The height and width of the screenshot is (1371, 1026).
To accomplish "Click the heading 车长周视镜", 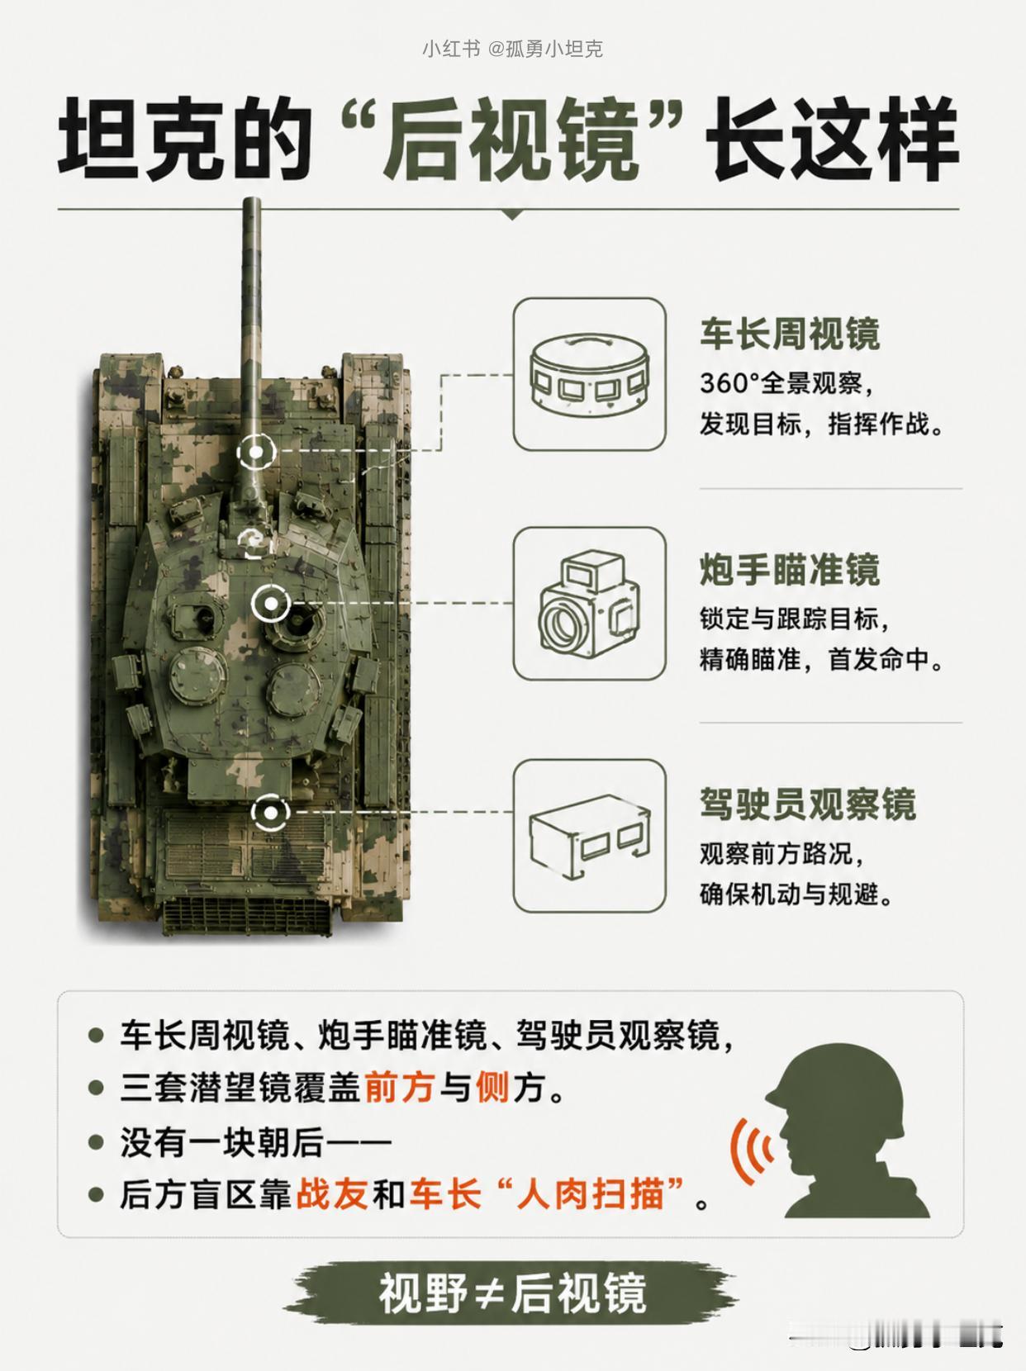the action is pyautogui.click(x=790, y=334).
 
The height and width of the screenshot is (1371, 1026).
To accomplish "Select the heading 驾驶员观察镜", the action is pyautogui.click(x=807, y=804).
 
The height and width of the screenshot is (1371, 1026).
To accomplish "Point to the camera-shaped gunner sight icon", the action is pyautogui.click(x=590, y=604).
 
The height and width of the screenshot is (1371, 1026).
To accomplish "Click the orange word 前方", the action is pyautogui.click(x=398, y=1088).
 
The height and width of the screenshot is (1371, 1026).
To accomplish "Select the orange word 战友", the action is pyautogui.click(x=331, y=1193).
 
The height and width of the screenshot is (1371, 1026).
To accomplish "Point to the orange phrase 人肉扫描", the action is pyautogui.click(x=590, y=1193).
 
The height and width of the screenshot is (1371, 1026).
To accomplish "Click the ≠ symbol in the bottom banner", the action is pyautogui.click(x=489, y=1292).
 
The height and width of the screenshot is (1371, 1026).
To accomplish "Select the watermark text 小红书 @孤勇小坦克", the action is pyautogui.click(x=512, y=49).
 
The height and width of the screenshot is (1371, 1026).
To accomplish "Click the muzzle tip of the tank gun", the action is pyautogui.click(x=252, y=200).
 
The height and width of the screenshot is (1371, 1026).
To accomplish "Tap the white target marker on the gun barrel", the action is pyautogui.click(x=256, y=450).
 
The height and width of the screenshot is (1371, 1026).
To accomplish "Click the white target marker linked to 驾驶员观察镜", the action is pyautogui.click(x=270, y=813).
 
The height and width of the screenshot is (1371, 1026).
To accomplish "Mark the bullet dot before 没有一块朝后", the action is pyautogui.click(x=96, y=1142).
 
